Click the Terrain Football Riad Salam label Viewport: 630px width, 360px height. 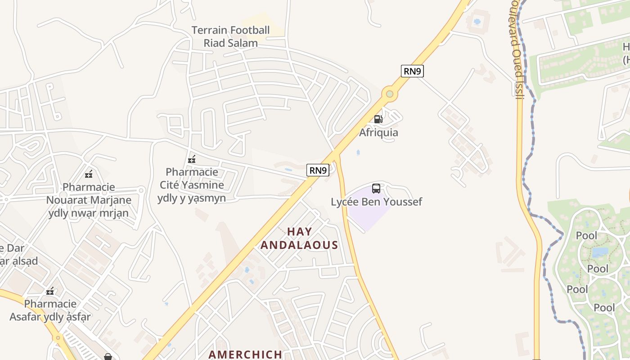230,36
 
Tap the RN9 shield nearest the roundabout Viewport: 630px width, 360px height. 412,71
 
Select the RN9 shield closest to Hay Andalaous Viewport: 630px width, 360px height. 318,170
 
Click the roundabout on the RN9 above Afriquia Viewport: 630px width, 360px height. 389,94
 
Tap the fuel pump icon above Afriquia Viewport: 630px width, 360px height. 378,119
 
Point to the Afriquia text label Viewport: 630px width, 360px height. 378,132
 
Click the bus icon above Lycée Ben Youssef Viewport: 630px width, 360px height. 376,189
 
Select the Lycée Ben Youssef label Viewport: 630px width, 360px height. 376,202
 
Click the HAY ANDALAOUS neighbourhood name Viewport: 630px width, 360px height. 299,238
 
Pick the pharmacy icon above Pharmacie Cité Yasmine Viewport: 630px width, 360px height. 192,159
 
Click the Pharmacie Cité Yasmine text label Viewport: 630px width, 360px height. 192,184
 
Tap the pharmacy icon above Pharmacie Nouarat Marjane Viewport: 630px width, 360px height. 89,174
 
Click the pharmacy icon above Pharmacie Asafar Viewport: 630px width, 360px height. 50,291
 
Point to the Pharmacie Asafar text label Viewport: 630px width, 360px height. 50,310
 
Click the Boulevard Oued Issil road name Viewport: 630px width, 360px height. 517,49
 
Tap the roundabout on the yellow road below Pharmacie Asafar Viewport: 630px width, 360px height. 58,337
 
